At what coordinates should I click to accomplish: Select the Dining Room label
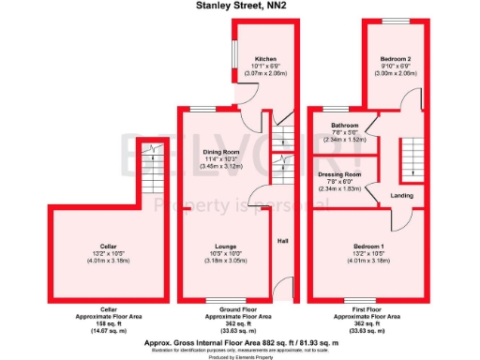point(222,152)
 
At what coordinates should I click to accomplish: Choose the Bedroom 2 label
point(393,59)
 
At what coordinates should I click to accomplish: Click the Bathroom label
point(344,125)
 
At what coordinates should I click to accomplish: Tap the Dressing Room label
point(339,174)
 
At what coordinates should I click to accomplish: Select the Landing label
point(401,195)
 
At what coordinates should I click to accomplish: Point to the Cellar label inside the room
point(107,246)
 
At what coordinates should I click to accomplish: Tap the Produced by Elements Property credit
point(241,357)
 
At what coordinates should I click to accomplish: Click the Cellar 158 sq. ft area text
point(108,323)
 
